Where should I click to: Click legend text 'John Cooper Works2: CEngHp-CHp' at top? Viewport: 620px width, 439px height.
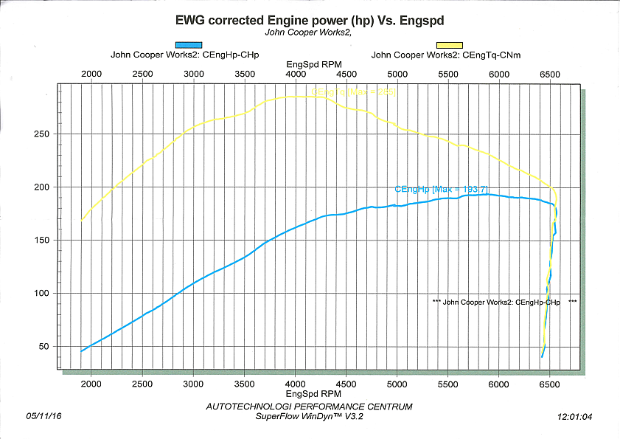pos(184,55)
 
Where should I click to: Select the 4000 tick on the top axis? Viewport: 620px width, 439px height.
pos(296,75)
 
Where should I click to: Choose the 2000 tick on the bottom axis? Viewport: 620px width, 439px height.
pos(91,384)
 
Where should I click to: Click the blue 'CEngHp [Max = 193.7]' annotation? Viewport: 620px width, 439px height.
pos(442,190)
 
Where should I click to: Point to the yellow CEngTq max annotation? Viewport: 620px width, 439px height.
pos(353,92)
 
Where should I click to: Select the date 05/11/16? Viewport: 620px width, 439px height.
pos(43,417)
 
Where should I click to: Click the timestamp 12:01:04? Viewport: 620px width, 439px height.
pos(576,417)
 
